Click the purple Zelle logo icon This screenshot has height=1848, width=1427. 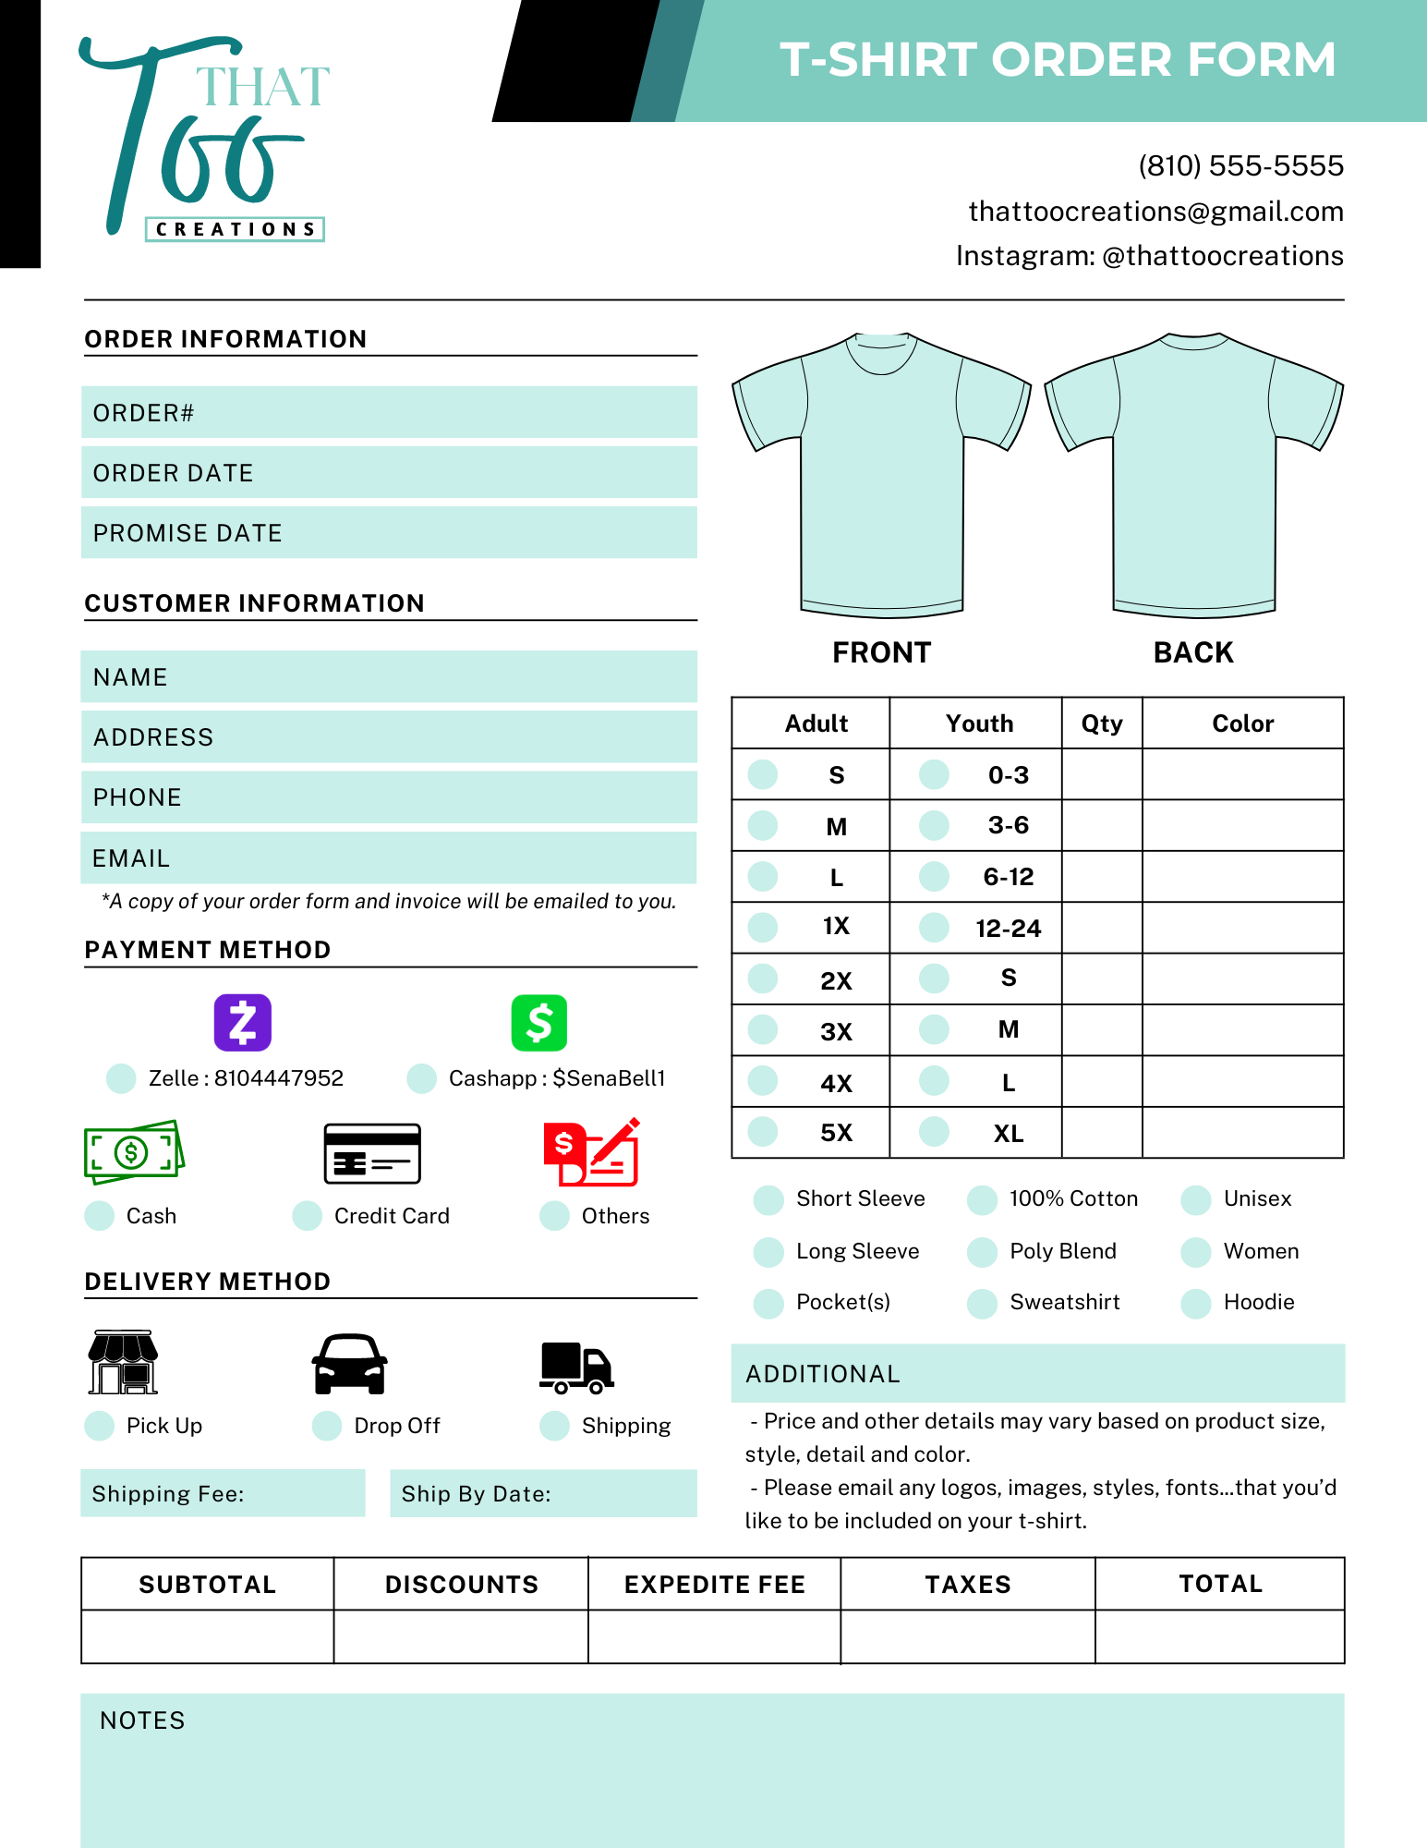point(243,1022)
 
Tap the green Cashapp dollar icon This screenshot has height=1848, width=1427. point(538,1022)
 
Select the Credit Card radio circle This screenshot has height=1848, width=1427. point(307,1216)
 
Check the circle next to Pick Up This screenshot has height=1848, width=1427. point(99,1426)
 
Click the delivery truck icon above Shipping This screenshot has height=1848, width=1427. point(576,1367)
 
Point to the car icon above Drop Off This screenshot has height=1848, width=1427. point(349,1364)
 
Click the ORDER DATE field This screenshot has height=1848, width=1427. point(389,473)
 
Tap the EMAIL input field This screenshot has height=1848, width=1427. point(389,858)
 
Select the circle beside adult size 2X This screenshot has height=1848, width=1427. point(763,979)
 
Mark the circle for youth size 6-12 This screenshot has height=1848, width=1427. point(935,876)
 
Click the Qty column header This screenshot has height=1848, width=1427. point(1102,723)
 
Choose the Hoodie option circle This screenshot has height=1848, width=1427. point(1196,1303)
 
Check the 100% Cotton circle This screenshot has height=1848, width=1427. point(982,1199)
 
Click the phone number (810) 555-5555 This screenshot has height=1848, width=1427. point(1240,166)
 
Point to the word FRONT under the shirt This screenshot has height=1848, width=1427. point(882,652)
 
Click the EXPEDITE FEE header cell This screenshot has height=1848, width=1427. point(715,1585)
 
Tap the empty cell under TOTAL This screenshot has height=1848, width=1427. point(1219,1636)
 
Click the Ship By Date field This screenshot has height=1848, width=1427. point(543,1494)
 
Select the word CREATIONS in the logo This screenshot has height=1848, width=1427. point(235,229)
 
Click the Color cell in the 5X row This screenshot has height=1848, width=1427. point(1242,1133)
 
